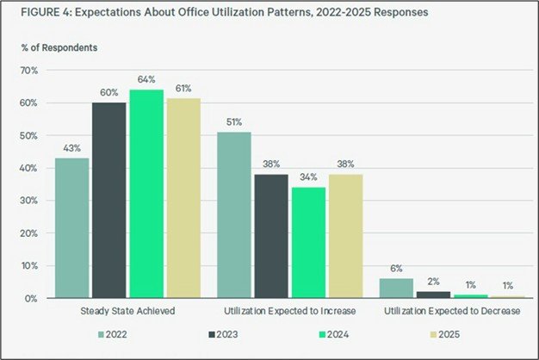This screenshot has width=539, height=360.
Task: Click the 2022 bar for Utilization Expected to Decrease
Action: click(x=396, y=289)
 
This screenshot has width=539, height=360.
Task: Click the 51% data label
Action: click(x=233, y=122)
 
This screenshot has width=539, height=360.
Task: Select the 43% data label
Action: click(x=71, y=148)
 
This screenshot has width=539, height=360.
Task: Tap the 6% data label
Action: click(x=396, y=269)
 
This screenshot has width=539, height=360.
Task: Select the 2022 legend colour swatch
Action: click(x=101, y=334)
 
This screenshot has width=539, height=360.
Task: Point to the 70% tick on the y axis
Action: click(x=31, y=70)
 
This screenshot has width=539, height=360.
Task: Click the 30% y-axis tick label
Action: click(x=31, y=201)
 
